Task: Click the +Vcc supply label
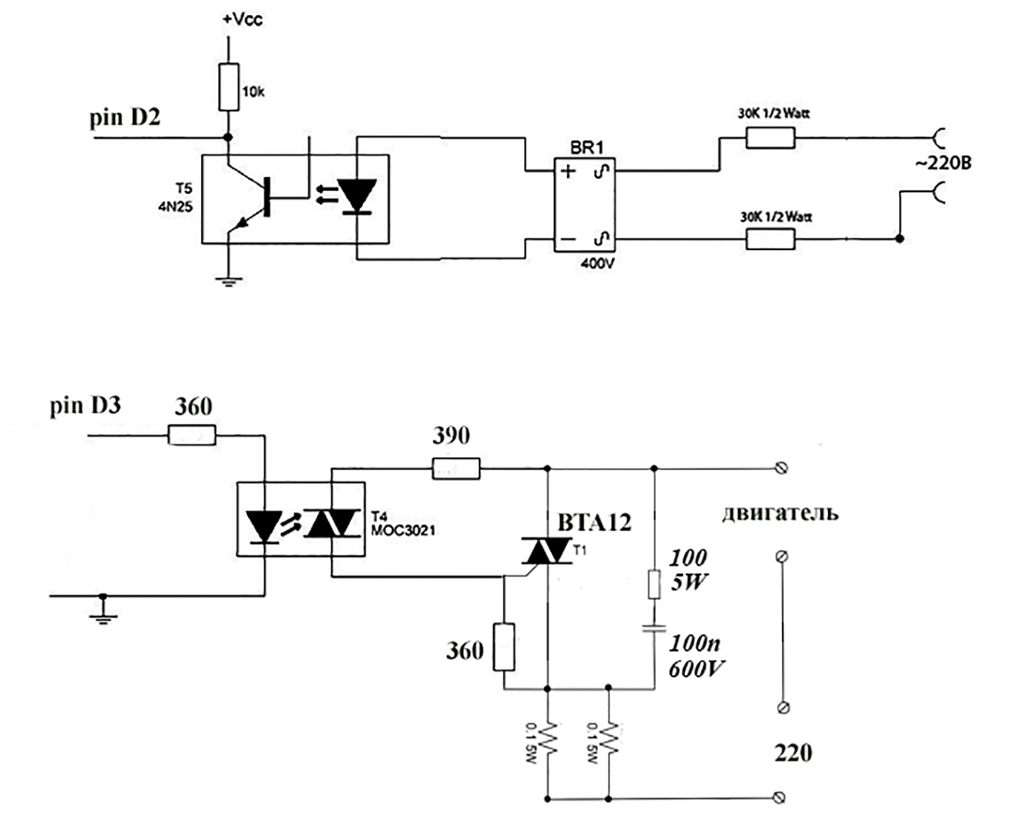[243, 19]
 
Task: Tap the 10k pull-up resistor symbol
[229, 87]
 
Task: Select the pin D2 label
[125, 118]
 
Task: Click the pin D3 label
[85, 406]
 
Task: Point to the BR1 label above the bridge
[587, 147]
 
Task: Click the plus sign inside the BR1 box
[568, 171]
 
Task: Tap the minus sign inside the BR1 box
[568, 239]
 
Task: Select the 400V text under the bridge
[597, 264]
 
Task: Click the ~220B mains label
[943, 163]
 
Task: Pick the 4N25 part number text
[175, 207]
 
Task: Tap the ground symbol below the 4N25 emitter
[229, 281]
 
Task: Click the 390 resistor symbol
[456, 469]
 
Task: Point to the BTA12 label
[594, 523]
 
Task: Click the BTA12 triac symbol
[547, 551]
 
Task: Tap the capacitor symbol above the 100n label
[653, 627]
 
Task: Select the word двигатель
[781, 514]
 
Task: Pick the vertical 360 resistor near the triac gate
[504, 647]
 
